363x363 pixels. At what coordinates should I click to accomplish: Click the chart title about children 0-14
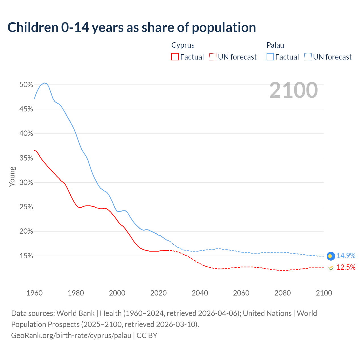(x=132, y=28)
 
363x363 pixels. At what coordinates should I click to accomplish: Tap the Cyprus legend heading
(x=183, y=45)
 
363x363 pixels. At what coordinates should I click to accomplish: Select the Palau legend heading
(x=275, y=45)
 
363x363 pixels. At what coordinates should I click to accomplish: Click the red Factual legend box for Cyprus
(x=175, y=57)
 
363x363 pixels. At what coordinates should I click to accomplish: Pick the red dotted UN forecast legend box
(x=213, y=57)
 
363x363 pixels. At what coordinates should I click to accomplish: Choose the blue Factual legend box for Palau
(x=270, y=57)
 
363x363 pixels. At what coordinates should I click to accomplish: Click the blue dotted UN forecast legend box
(x=308, y=57)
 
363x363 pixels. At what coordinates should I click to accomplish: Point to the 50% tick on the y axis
(x=26, y=85)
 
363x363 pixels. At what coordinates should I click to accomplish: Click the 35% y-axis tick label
(x=26, y=158)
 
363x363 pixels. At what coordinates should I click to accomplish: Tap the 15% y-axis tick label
(x=26, y=256)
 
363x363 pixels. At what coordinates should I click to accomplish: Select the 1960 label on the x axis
(x=34, y=293)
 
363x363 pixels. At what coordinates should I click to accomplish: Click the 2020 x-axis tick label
(x=159, y=293)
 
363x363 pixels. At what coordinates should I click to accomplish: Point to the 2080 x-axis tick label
(x=282, y=293)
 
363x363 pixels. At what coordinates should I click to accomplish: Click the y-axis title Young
(x=12, y=176)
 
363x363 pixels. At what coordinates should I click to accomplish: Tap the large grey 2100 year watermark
(x=294, y=90)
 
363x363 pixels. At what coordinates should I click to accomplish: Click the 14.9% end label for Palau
(x=346, y=256)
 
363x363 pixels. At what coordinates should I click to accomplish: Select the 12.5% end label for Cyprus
(x=346, y=267)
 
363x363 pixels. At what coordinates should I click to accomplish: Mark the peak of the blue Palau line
(x=45, y=83)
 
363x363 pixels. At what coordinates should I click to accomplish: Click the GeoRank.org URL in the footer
(x=71, y=335)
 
